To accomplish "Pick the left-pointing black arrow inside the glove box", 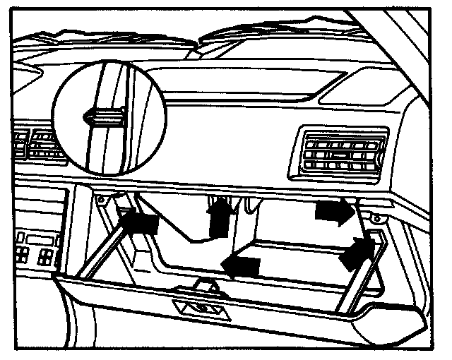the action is pyautogui.click(x=241, y=266).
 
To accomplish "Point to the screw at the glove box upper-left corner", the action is pyautogui.click(x=102, y=200).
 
